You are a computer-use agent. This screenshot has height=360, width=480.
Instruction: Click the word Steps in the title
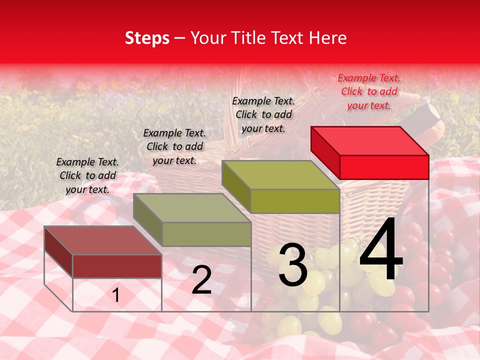[x=147, y=38]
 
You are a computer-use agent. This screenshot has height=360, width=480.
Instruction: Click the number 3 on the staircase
[x=293, y=265]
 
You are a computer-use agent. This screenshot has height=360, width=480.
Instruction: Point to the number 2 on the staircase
[x=201, y=280]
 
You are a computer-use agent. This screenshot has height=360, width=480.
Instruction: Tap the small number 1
[x=116, y=295]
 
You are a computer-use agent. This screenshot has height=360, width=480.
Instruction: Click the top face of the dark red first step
[x=103, y=240]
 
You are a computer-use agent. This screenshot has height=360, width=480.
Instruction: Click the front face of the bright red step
[x=384, y=167]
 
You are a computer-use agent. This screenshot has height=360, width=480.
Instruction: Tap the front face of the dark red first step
[x=117, y=266]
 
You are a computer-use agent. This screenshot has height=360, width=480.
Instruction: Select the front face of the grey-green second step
[x=206, y=234]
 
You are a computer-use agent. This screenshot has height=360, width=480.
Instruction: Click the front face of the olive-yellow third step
[x=295, y=201]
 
